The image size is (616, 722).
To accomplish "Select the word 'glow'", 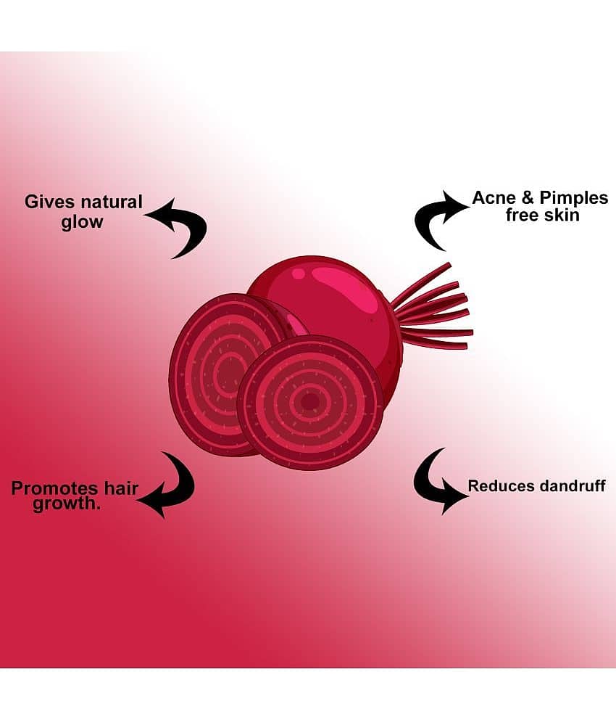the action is point(83,222).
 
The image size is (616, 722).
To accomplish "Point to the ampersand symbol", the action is point(527,198).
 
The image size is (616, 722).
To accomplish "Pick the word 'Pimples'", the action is point(574,198).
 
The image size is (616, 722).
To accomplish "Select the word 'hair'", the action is point(121,488).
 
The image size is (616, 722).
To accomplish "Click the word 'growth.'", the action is point(66,504).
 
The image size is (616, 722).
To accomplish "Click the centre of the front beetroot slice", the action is point(310,402).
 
